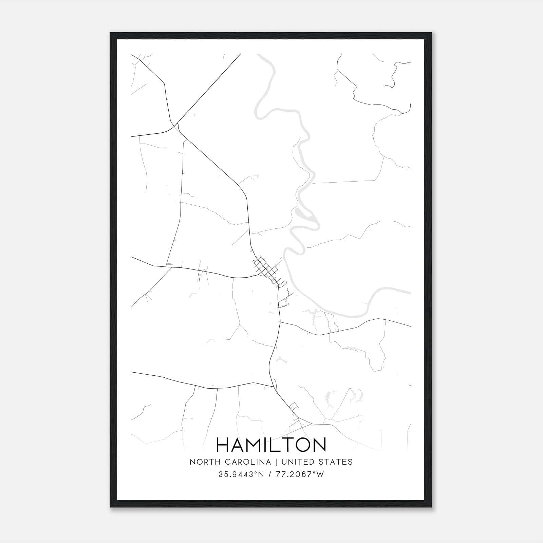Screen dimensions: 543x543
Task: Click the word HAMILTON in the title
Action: tap(271, 445)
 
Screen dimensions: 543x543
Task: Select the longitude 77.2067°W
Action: tap(300, 474)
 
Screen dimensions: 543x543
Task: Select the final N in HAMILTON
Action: tap(319, 445)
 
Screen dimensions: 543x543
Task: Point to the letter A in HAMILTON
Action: tap(239, 445)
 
